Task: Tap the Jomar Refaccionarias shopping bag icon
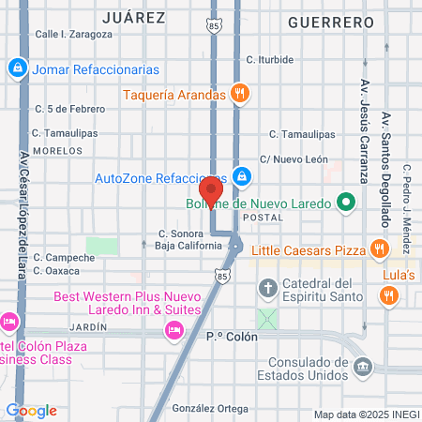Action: click(18, 68)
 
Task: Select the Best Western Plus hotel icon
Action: click(173, 329)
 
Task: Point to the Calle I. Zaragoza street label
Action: click(73, 34)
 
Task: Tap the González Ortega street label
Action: click(210, 409)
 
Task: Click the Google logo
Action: click(31, 411)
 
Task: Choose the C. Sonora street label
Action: click(175, 234)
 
